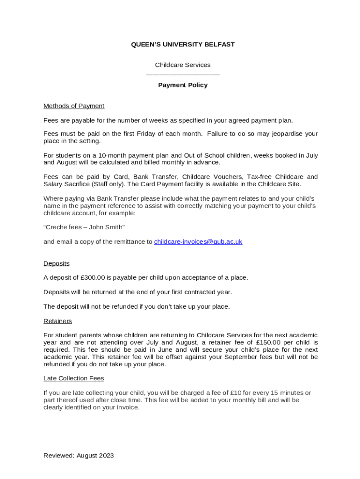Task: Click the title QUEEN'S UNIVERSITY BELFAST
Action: coord(182,44)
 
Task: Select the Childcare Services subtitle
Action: coord(182,65)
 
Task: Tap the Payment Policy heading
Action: coord(182,85)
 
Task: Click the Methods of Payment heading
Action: coord(74,106)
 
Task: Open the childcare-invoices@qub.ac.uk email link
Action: coord(198,242)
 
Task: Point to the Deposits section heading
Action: coord(57,263)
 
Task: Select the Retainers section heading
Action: coord(58,321)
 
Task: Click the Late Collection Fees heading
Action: coord(74,378)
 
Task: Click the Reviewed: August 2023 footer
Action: coord(79,456)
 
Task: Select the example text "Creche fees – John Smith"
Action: coord(84,227)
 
